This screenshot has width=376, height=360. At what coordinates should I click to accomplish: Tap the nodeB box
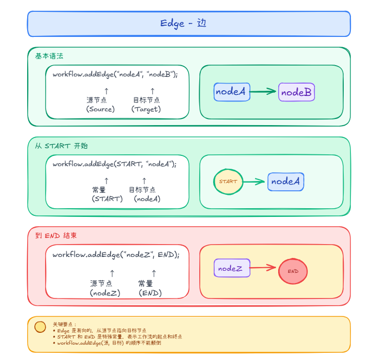pyautogui.click(x=297, y=92)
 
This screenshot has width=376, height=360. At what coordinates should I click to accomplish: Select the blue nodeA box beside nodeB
pyautogui.click(x=232, y=92)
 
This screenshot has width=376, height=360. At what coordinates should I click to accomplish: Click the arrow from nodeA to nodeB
pyautogui.click(x=264, y=92)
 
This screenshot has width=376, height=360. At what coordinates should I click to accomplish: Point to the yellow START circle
pyautogui.click(x=228, y=182)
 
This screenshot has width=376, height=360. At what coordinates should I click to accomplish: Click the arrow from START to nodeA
pyautogui.click(x=254, y=182)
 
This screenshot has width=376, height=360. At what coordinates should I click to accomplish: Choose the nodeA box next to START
pyautogui.click(x=285, y=182)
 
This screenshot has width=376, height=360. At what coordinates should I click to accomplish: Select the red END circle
pyautogui.click(x=293, y=271)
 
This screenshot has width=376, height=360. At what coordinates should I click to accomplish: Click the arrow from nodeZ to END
pyautogui.click(x=263, y=267)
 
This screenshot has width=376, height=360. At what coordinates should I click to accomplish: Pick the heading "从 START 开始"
pyautogui.click(x=61, y=146)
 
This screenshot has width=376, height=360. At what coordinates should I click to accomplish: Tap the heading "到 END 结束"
pyautogui.click(x=56, y=235)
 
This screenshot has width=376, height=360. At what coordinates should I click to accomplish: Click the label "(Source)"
pyautogui.click(x=100, y=109)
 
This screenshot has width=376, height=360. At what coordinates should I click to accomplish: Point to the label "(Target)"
pyautogui.click(x=146, y=109)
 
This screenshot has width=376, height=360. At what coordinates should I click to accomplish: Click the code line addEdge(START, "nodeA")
pyautogui.click(x=114, y=164)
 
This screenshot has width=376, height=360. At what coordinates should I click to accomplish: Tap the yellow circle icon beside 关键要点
pyautogui.click(x=40, y=327)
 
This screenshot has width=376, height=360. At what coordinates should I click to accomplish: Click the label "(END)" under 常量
pyautogui.click(x=150, y=293)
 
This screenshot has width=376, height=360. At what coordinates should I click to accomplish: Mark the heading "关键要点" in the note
pyautogui.click(x=64, y=324)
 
